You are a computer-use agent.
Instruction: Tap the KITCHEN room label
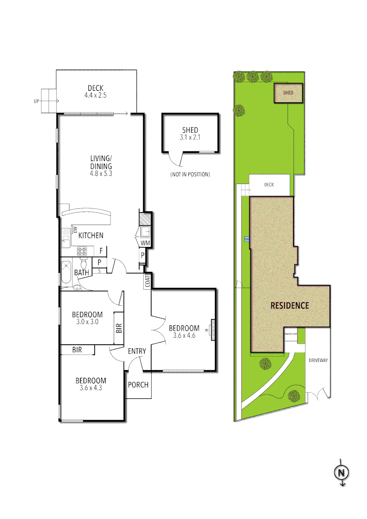[x=91, y=235]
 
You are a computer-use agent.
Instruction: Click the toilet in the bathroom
[x=84, y=263]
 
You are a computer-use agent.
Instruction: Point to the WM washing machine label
[x=146, y=244]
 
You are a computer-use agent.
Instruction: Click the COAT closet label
[x=147, y=281]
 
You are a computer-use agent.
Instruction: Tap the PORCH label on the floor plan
[x=139, y=385]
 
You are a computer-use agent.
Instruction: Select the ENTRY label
[x=137, y=351]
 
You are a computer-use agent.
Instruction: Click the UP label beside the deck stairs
[x=36, y=101]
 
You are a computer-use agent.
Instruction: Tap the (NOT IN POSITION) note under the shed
[x=190, y=174]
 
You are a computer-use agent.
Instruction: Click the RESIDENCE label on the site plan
[x=290, y=305]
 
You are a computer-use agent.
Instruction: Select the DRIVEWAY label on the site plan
[x=318, y=360]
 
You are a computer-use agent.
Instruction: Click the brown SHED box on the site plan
[x=288, y=93]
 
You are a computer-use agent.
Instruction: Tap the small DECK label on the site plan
[x=269, y=185]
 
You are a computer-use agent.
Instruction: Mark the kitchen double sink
[x=65, y=236]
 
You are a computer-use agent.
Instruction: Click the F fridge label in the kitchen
[x=101, y=250]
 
